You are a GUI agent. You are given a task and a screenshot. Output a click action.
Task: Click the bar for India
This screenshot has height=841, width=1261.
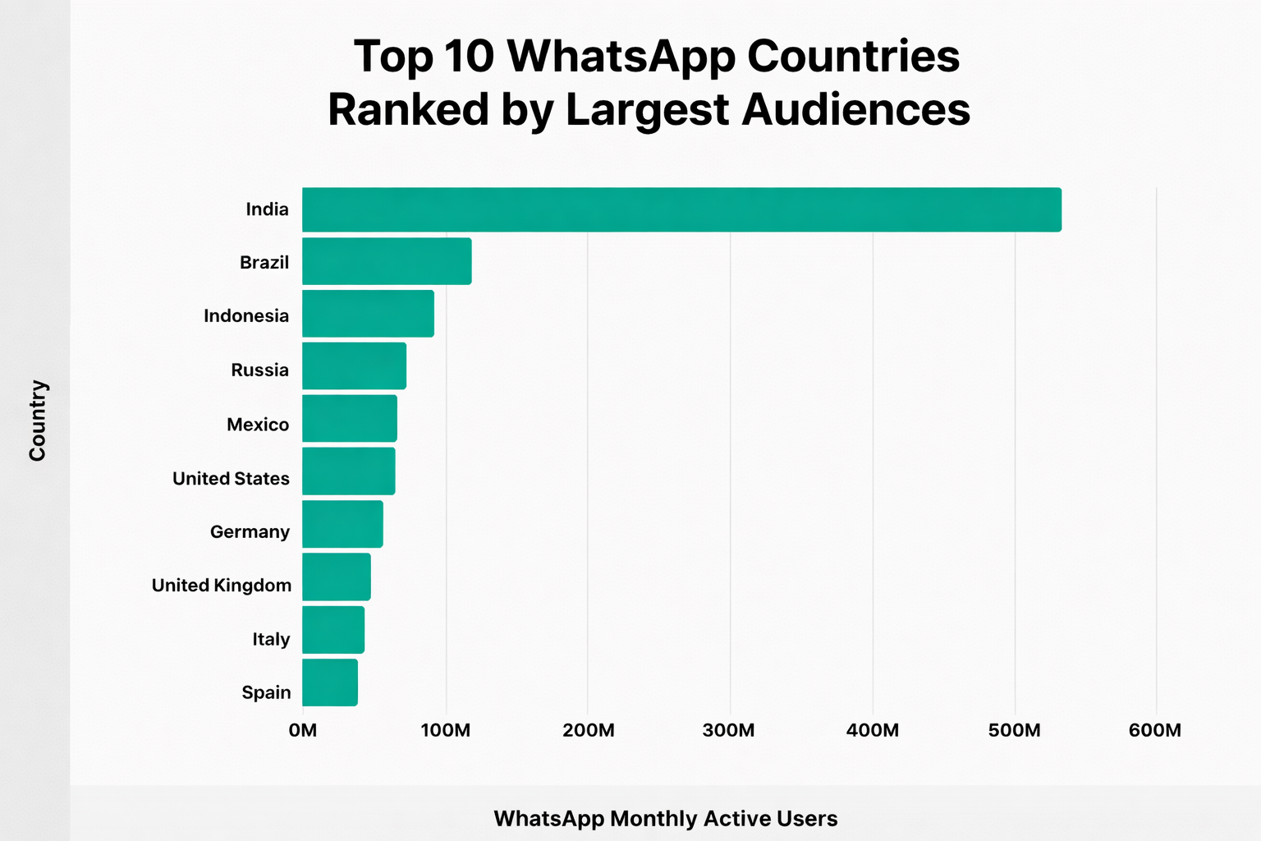point(681,209)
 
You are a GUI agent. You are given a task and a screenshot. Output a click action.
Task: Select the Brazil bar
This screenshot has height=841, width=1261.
point(387,261)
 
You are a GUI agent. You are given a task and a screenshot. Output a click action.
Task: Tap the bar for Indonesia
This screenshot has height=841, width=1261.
point(368,314)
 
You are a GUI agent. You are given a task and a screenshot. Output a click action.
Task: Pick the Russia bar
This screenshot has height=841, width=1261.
point(354,366)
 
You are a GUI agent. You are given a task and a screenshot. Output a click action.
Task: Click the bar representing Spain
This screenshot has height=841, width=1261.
point(330,682)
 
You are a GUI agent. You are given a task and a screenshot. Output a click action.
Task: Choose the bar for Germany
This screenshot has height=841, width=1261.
point(342,524)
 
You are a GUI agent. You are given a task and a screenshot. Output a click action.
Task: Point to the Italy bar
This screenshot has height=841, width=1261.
point(333,630)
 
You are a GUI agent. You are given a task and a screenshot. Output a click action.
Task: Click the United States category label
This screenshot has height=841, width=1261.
point(231,479)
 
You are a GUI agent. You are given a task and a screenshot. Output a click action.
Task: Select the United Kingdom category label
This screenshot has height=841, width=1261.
point(222,586)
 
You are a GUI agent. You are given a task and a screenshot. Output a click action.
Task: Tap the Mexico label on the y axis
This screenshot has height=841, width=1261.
point(258,425)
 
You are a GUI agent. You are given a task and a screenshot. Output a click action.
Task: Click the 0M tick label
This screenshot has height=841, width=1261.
point(303,730)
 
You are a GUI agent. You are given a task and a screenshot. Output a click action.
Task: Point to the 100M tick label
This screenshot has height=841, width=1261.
point(445,730)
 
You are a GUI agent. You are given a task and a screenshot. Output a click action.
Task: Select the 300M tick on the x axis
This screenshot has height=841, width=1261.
point(729,730)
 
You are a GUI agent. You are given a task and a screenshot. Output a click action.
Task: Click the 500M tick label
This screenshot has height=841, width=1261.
point(1014,730)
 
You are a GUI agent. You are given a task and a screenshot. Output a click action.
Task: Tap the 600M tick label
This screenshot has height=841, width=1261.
point(1154,730)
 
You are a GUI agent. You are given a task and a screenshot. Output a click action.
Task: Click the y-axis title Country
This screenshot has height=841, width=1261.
point(38,420)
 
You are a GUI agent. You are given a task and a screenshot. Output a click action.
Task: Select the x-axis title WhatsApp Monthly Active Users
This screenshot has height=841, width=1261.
point(665,819)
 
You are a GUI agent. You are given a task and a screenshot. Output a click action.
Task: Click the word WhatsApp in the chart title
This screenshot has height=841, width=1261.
point(621,57)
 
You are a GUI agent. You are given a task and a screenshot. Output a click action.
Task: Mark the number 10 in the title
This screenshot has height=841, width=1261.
point(469,57)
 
